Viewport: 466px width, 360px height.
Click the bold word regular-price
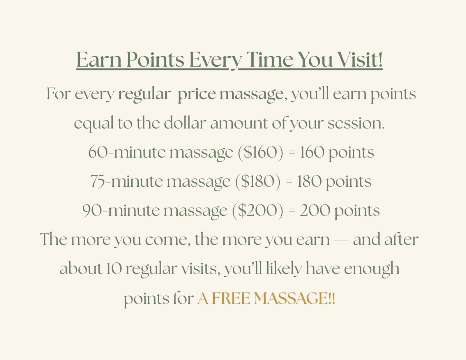point(167,95)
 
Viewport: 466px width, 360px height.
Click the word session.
point(356,124)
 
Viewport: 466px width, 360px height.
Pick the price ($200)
point(258,211)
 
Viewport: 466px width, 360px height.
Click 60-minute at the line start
point(127,152)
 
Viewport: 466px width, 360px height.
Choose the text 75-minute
point(126,181)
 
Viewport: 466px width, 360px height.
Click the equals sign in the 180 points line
point(289,181)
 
